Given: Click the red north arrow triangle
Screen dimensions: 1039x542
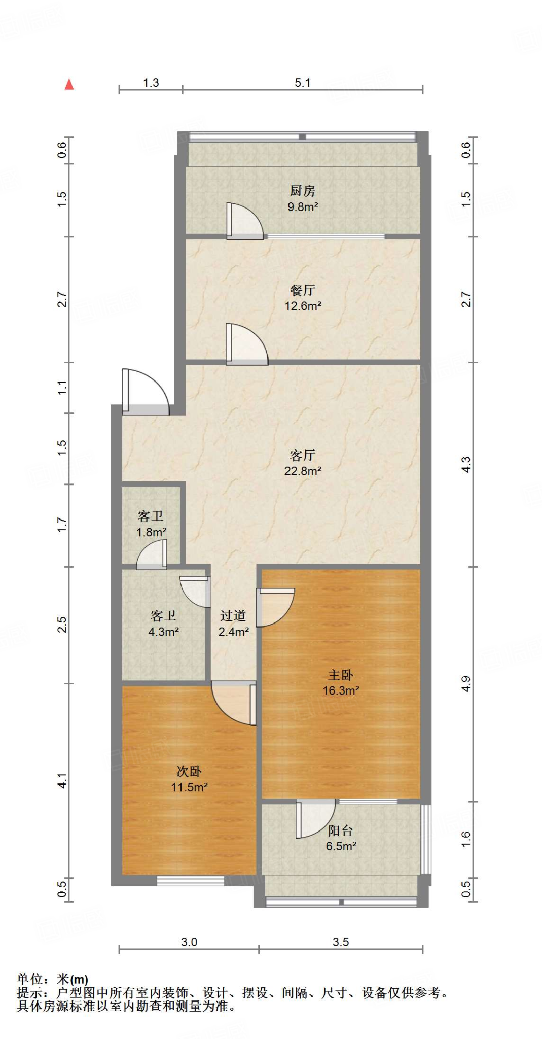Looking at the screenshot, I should click(x=69, y=84).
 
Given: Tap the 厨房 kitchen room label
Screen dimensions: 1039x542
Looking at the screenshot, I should click(x=303, y=191).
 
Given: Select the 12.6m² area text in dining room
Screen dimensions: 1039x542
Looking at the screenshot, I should click(x=303, y=306).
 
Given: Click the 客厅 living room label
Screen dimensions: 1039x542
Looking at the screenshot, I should click(x=303, y=455).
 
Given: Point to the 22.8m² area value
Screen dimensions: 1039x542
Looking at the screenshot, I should click(x=303, y=471).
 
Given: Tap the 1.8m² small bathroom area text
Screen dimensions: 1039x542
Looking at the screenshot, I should click(x=151, y=532).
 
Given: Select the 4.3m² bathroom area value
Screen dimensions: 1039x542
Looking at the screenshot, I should click(x=163, y=632).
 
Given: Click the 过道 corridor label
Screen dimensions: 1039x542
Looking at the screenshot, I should click(x=233, y=616).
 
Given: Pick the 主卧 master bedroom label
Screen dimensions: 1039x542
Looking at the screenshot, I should click(x=341, y=675).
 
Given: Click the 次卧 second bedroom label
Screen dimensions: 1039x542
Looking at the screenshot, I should click(x=189, y=771).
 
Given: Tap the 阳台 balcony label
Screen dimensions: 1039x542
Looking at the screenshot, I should click(x=341, y=830).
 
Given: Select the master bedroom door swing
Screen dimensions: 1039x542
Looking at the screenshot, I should click(x=275, y=607).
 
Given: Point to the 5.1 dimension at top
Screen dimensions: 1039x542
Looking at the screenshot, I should click(x=303, y=83).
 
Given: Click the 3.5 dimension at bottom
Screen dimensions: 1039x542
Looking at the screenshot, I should click(x=341, y=942).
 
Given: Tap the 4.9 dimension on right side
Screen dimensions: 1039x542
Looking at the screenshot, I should click(x=466, y=684).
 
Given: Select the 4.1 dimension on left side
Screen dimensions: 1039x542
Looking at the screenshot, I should click(x=62, y=780).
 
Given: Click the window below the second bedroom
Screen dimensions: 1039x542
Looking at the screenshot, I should click(x=190, y=881).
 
